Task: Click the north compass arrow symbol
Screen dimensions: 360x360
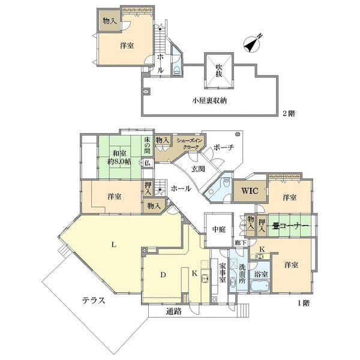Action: point(254,43)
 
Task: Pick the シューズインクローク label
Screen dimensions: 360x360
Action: point(190,144)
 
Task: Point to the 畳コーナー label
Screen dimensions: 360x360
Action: point(290,226)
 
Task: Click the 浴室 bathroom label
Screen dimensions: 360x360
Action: point(262,274)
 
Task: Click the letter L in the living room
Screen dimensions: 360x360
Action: point(113,244)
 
